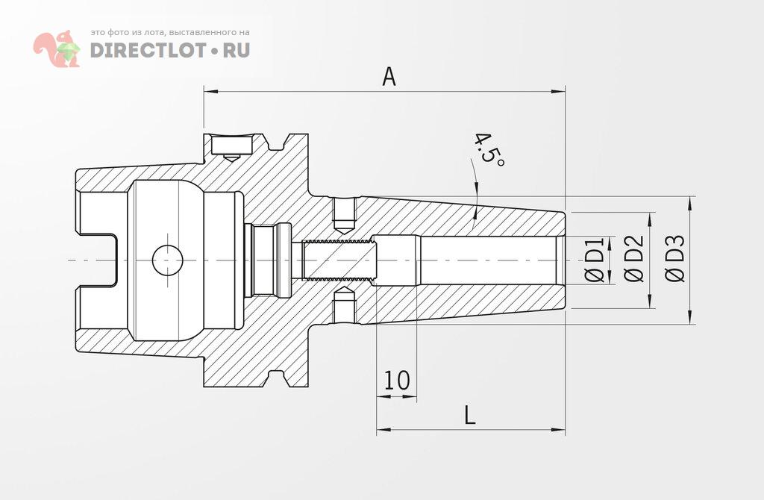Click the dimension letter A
[x=389, y=76]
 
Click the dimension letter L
[x=469, y=415]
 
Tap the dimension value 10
[x=396, y=381]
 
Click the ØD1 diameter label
[x=595, y=260]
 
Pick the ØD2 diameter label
[x=633, y=260]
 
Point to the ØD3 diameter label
[x=674, y=260]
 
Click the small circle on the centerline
[x=168, y=260]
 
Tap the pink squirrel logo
[x=57, y=49]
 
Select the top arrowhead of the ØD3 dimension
[x=689, y=201]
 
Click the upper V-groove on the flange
[x=275, y=140]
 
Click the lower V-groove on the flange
[x=275, y=380]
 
